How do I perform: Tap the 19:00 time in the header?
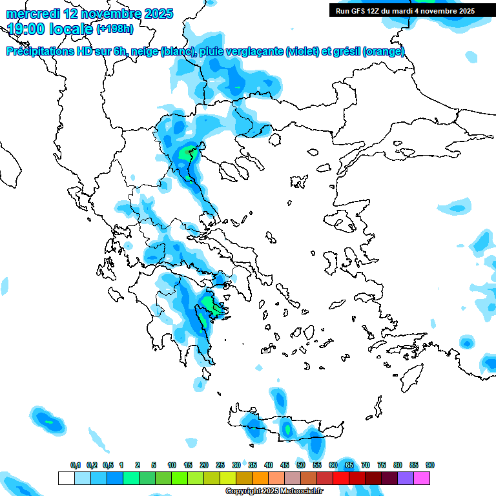pos(27,28)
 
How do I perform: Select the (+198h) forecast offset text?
pos(115,29)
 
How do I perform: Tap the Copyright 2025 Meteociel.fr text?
pos(274,491)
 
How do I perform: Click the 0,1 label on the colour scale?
pos(76,465)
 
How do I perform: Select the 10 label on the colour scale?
pos(172,465)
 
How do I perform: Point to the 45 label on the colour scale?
pos(285,465)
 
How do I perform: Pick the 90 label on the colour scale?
pos(430,465)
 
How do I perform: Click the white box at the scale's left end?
pos(66,478)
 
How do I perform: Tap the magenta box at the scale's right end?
pos(422,478)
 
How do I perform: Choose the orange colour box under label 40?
pos(260,478)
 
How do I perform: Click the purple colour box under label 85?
pos(406,478)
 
